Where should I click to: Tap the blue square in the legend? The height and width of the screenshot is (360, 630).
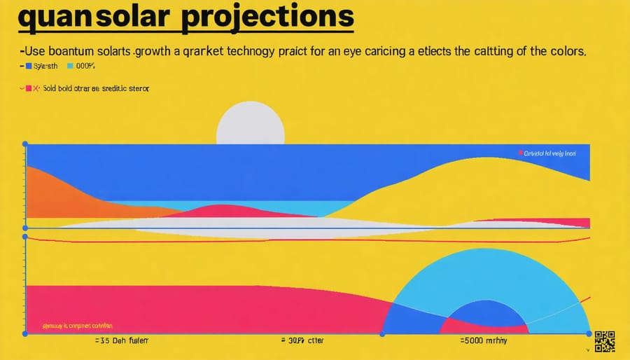click(29, 67)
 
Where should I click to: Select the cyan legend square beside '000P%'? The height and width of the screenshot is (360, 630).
click(70, 67)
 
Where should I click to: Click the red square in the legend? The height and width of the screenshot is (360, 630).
click(29, 89)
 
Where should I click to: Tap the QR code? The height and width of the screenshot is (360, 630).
click(605, 341)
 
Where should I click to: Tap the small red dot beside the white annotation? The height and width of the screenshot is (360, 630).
click(520, 152)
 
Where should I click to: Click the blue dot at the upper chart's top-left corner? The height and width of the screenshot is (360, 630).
click(26, 144)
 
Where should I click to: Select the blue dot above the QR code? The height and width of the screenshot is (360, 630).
click(589, 333)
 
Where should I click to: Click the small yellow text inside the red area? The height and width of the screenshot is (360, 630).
click(69, 326)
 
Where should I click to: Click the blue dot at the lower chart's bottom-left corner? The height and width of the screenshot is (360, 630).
click(26, 334)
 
